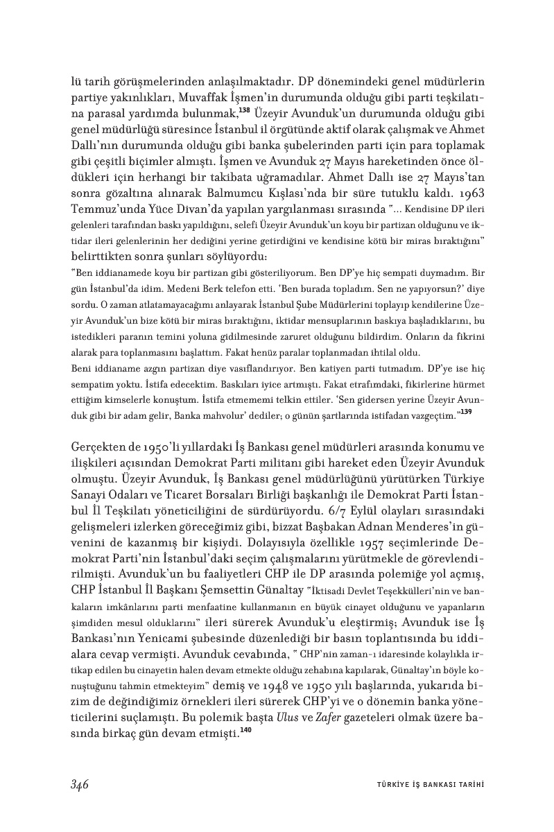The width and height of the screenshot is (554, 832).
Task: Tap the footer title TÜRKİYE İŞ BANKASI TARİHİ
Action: [425, 785]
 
